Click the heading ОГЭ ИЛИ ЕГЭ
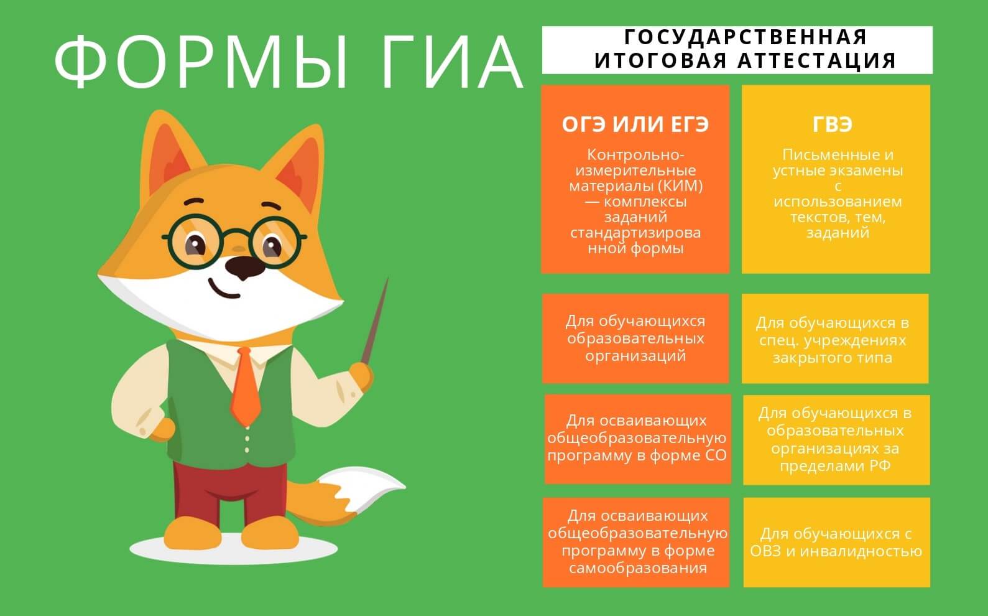click(635, 125)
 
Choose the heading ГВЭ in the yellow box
click(833, 125)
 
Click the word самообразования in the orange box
click(637, 567)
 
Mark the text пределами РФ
click(836, 465)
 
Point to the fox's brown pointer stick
click(376, 324)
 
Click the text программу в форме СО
click(637, 455)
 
